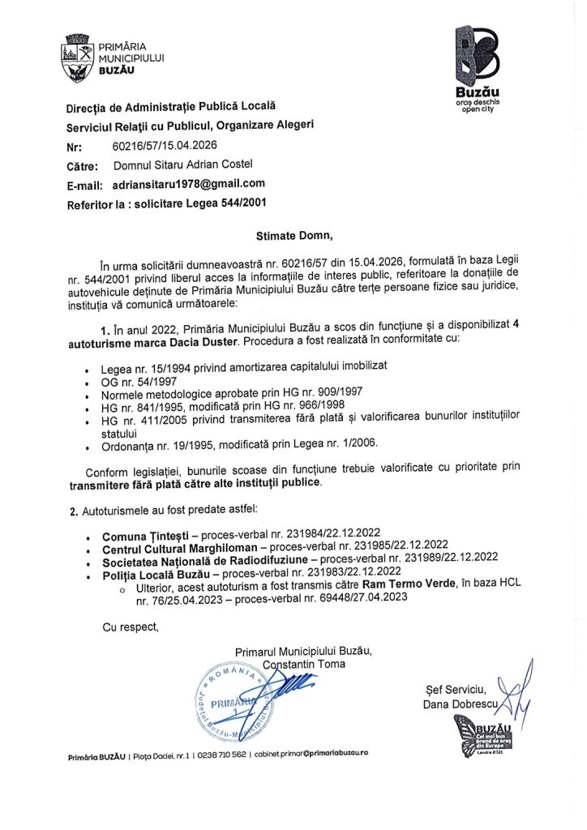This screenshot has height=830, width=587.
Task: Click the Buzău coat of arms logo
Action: [x=79, y=58]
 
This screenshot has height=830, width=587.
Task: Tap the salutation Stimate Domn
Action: [x=294, y=236]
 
